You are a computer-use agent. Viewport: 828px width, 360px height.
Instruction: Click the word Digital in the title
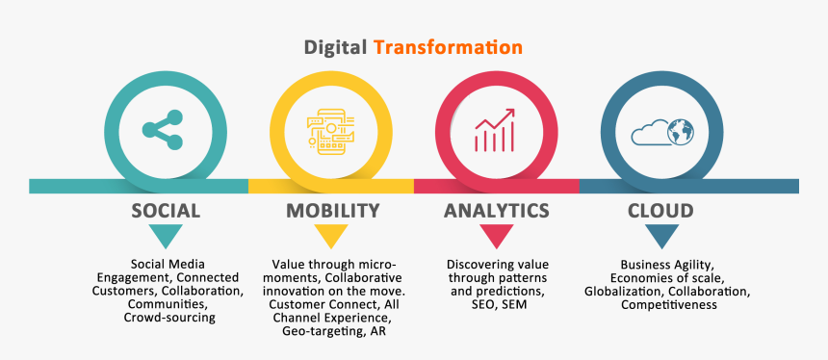pyautogui.click(x=336, y=46)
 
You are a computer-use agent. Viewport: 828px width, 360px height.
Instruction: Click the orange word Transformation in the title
pyautogui.click(x=449, y=46)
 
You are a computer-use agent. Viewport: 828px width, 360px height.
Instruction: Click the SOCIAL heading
pyautogui.click(x=166, y=210)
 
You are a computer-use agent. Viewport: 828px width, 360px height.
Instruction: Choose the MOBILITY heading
pyautogui.click(x=332, y=210)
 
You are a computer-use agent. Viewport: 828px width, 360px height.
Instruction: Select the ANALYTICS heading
pyautogui.click(x=497, y=210)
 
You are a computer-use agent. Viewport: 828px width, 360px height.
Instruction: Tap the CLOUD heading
pyautogui.click(x=660, y=210)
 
